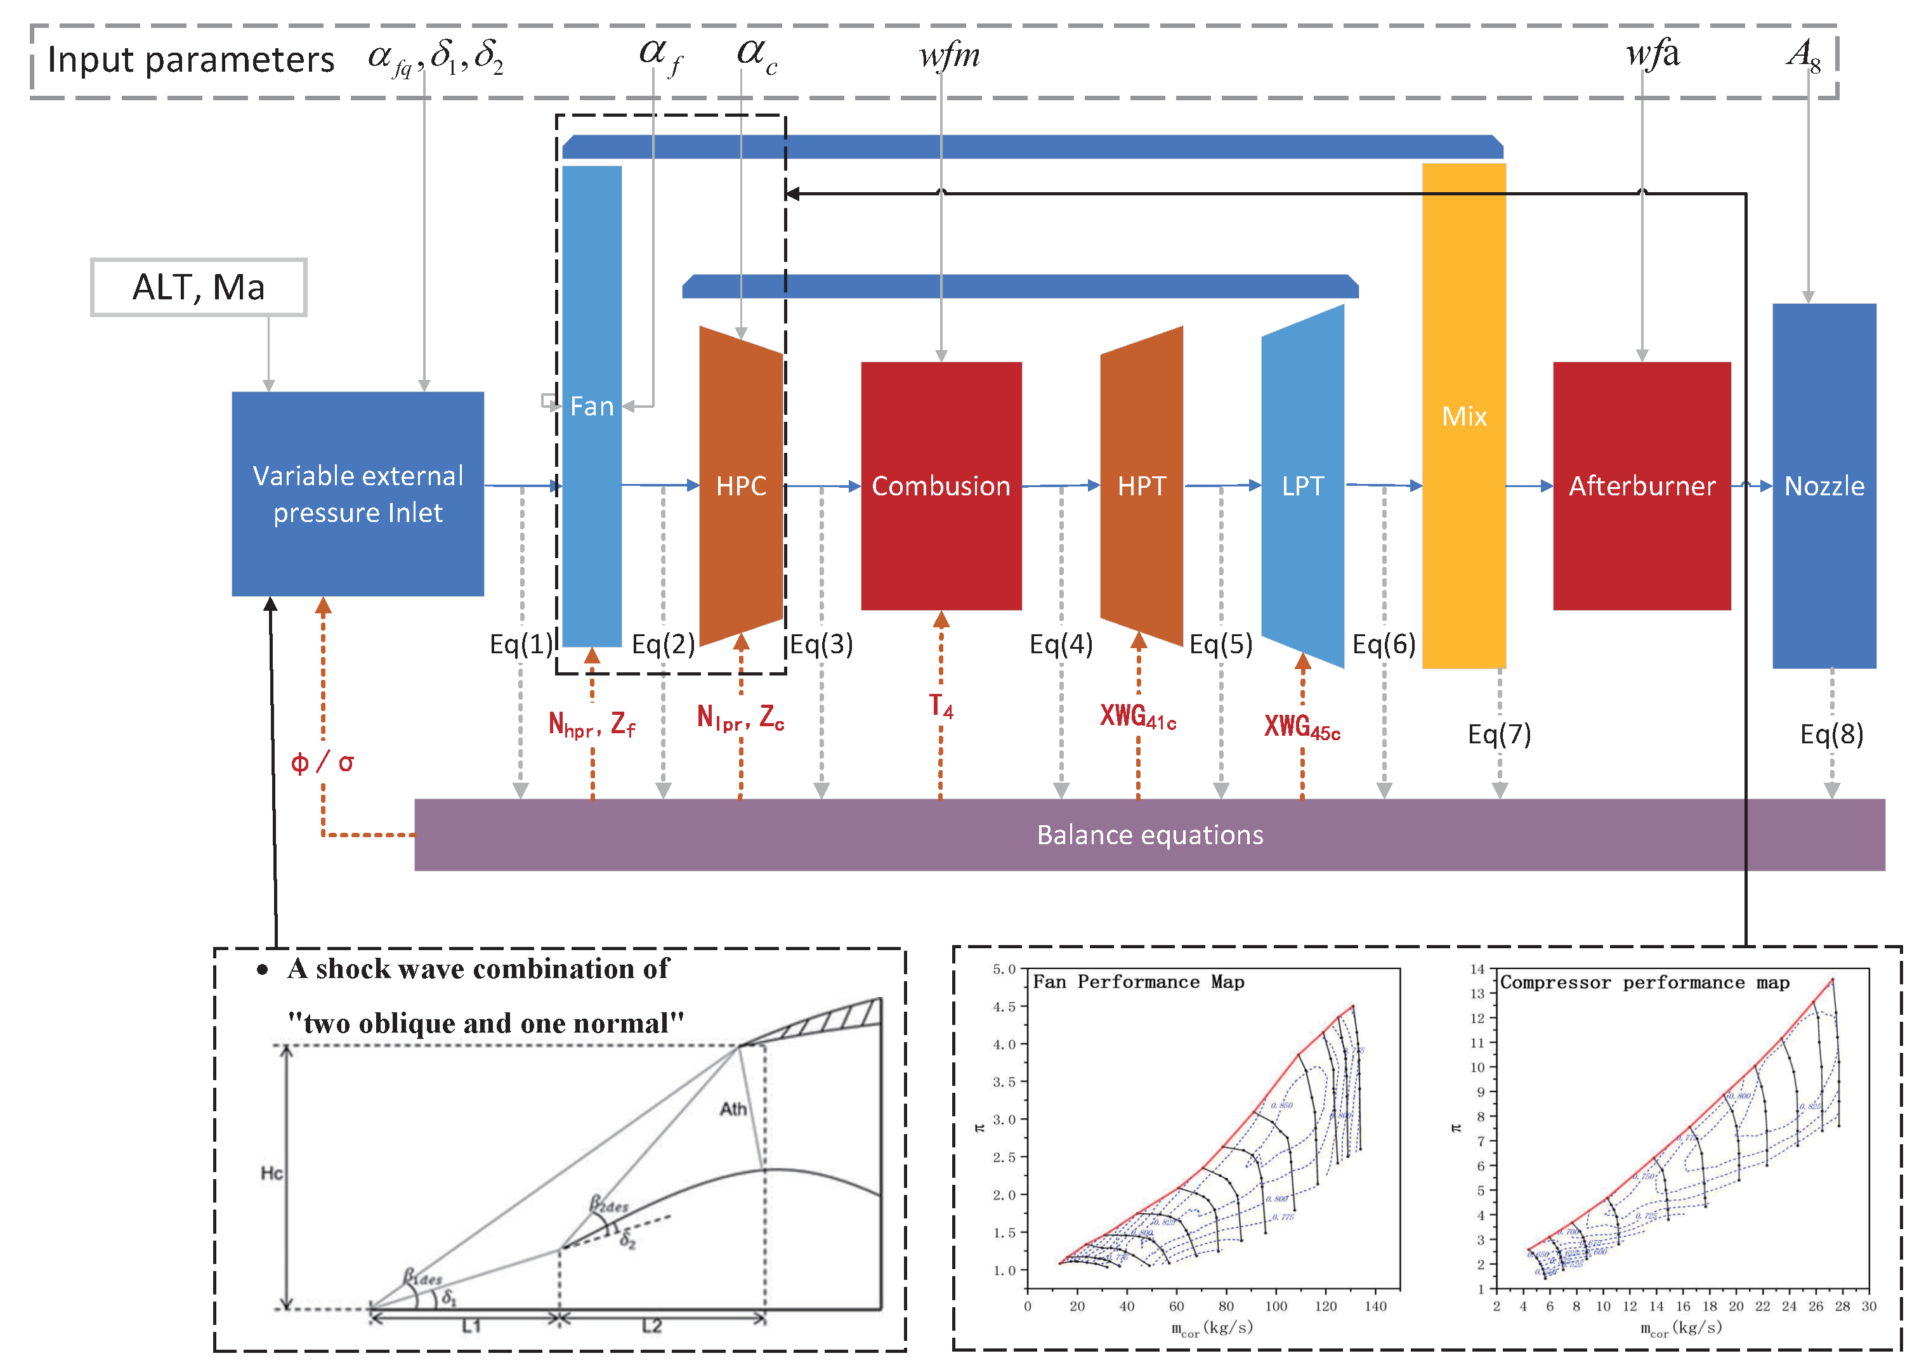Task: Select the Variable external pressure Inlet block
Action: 358,494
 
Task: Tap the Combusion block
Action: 941,486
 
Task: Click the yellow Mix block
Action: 1463,416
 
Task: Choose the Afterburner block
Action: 1642,486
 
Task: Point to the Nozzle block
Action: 1824,486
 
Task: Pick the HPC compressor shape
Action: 741,486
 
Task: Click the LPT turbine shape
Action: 1302,486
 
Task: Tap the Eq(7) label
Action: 1499,734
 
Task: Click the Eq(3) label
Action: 821,644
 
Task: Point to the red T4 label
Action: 941,705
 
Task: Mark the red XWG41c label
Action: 1137,717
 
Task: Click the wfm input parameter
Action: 949,56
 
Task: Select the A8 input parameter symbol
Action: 1803,56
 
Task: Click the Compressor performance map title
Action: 1644,983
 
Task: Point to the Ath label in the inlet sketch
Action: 733,1109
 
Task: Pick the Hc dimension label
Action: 272,1173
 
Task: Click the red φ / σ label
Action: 322,762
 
